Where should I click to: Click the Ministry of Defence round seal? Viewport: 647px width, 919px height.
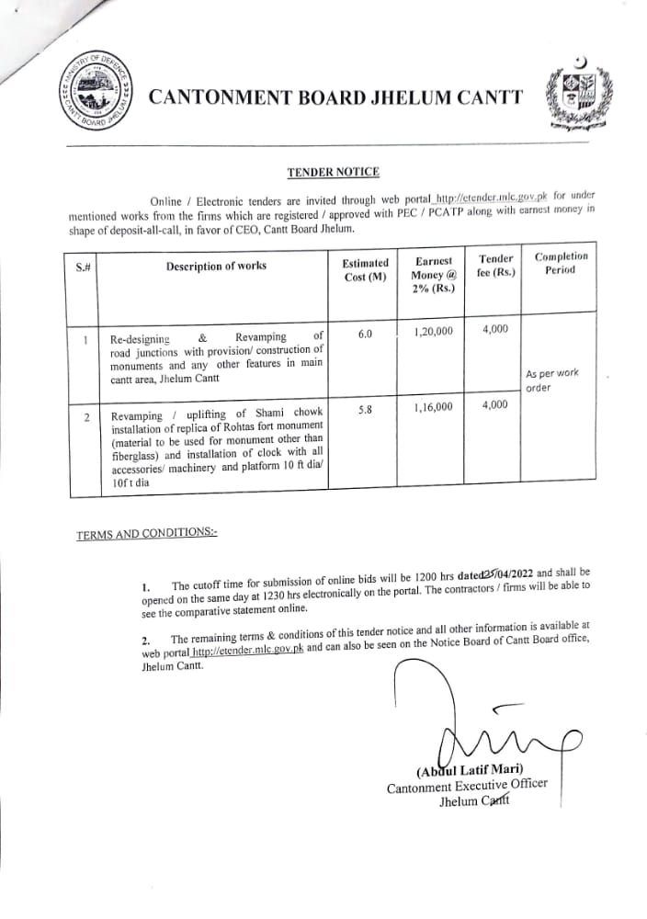tap(92, 96)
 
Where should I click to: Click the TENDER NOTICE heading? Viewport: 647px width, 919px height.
tap(333, 172)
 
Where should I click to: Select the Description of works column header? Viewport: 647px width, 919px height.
tap(216, 266)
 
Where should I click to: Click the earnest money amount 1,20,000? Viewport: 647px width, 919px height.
tap(434, 333)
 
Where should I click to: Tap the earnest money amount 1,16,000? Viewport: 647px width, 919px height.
tap(434, 407)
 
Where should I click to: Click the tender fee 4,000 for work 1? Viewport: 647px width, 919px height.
tap(494, 328)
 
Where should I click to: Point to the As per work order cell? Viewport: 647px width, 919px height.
tap(551, 380)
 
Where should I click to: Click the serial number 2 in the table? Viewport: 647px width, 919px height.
tap(86, 418)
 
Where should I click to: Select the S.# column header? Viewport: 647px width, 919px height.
tap(84, 267)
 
